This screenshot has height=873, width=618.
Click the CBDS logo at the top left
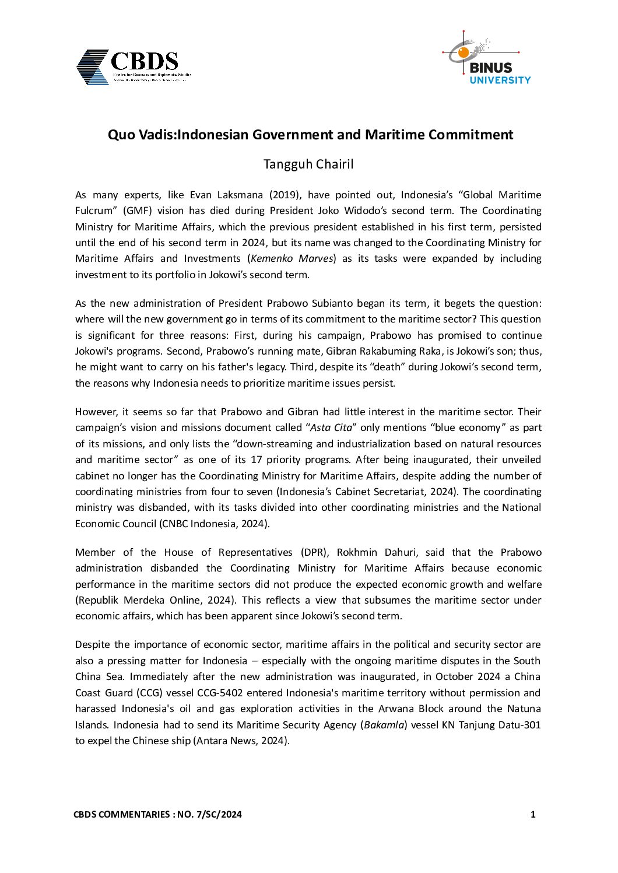point(133,67)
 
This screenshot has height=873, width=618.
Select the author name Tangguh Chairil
point(308,164)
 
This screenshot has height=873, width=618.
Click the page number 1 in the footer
point(533,815)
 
